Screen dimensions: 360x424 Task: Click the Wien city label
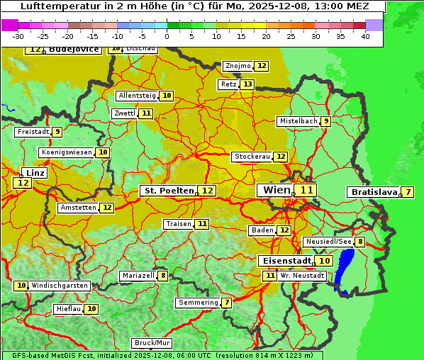(x=276, y=190)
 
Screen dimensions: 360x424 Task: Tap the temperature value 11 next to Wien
(x=306, y=190)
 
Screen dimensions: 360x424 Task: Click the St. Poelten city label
(x=169, y=191)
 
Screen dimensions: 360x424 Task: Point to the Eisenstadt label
(x=284, y=261)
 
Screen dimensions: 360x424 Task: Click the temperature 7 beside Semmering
(x=226, y=303)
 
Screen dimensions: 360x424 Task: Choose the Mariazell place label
(x=138, y=276)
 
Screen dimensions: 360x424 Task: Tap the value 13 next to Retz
(x=247, y=84)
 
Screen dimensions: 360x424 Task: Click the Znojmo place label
(x=238, y=66)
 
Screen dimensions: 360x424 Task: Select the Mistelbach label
(x=298, y=121)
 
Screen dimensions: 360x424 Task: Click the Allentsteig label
(x=137, y=96)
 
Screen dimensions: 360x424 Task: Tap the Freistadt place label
(x=32, y=132)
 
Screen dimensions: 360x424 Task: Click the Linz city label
(x=35, y=172)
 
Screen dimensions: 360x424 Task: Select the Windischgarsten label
(x=60, y=286)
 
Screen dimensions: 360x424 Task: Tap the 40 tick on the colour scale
(x=365, y=36)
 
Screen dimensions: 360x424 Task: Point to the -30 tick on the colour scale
(x=18, y=36)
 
